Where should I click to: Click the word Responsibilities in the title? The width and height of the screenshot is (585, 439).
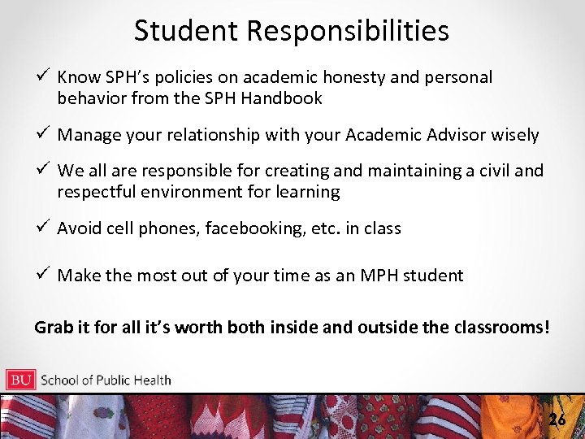349,31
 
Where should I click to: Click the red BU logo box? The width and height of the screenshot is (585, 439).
20,380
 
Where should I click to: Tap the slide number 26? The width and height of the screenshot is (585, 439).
557,419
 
